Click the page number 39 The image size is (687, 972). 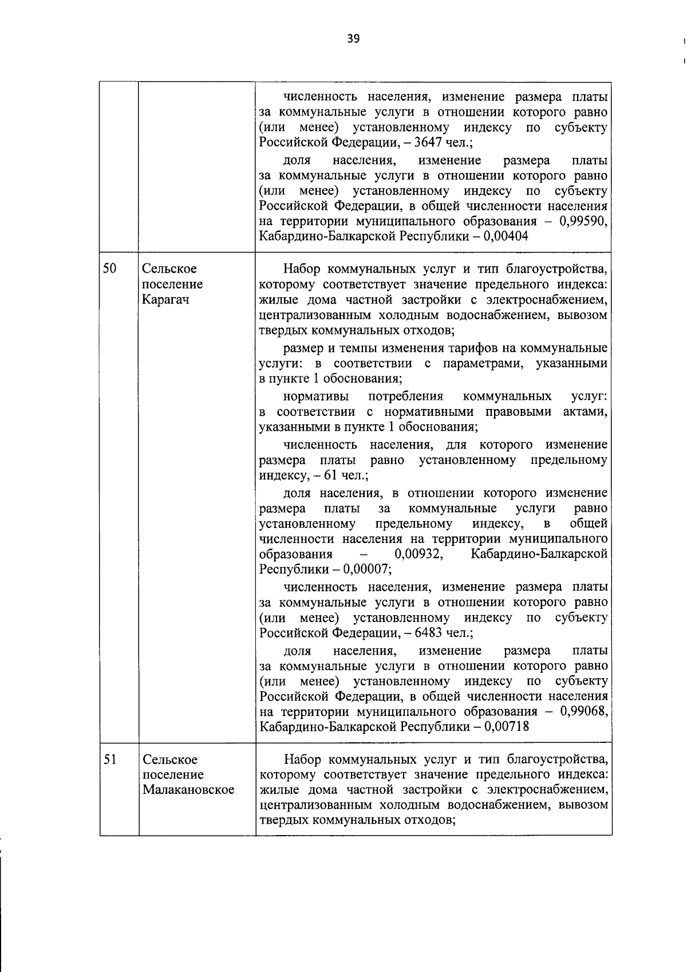click(353, 39)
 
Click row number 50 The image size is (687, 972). click(110, 268)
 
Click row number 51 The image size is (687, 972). click(110, 759)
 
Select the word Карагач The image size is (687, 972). click(165, 300)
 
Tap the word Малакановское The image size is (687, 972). click(188, 790)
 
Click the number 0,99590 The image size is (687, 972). click(583, 221)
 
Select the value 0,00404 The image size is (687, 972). click(506, 237)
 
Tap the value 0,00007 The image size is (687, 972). click(368, 570)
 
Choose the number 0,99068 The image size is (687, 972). click(583, 711)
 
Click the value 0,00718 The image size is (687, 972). click(507, 727)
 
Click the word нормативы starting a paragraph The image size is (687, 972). click(316, 396)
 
